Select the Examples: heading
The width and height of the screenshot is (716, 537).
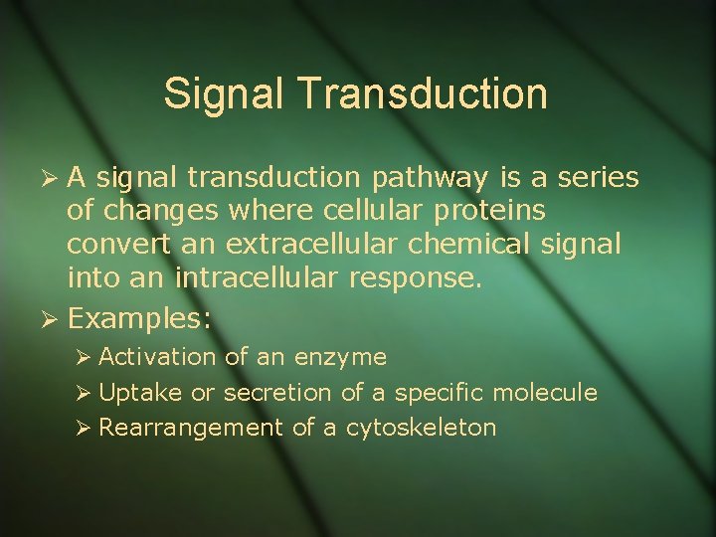[x=140, y=319]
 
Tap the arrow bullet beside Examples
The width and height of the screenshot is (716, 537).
[x=54, y=319]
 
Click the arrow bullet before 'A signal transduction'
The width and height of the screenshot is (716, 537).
[x=54, y=179]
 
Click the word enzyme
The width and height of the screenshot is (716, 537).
[x=339, y=357]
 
